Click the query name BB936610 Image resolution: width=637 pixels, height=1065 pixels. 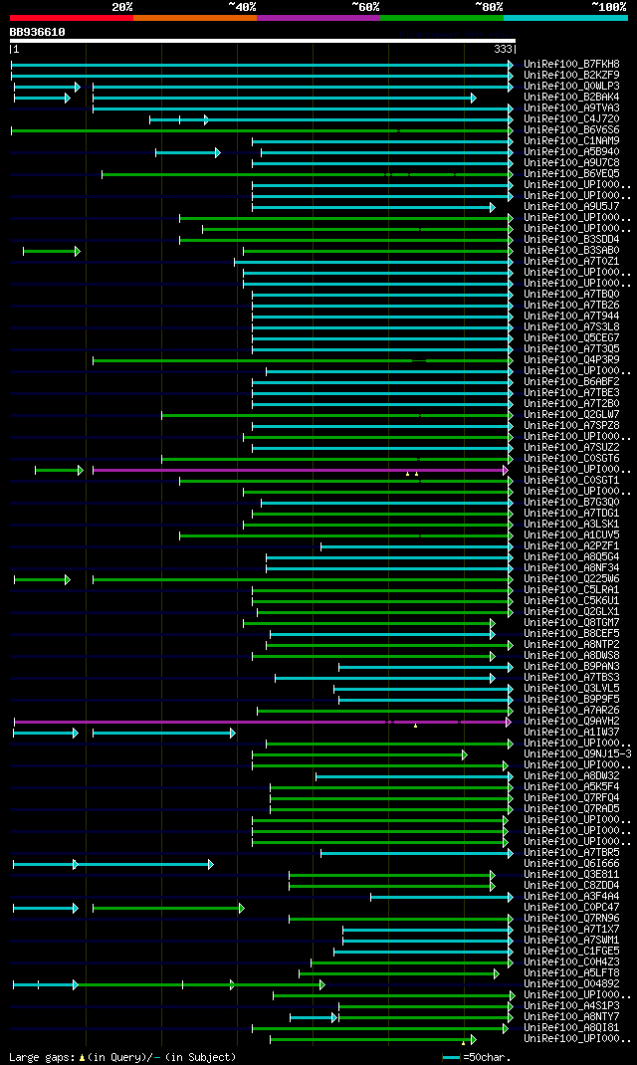tap(38, 32)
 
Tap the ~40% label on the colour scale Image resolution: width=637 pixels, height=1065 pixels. tap(242, 7)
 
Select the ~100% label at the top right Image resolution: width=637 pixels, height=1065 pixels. tap(608, 7)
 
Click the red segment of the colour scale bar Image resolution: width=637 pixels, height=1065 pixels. tap(71, 18)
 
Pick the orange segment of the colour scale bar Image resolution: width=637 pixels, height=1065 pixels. tap(194, 18)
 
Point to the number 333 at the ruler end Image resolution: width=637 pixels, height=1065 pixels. tap(503, 49)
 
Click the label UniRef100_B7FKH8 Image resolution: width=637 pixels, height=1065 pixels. tap(573, 64)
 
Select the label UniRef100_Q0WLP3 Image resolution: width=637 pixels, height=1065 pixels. tap(573, 86)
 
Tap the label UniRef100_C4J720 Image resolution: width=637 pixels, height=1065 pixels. tap(573, 118)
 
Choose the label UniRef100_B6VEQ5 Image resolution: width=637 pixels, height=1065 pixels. tap(573, 173)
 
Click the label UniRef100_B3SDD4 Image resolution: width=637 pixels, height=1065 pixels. tap(573, 239)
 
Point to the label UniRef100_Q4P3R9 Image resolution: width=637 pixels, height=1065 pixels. tap(573, 359)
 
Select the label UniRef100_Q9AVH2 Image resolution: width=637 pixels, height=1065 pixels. tap(573, 721)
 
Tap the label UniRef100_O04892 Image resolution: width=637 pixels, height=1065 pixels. tap(573, 983)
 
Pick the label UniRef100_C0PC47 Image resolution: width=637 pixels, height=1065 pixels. tap(573, 907)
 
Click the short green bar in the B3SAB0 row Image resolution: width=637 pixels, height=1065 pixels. tap(50, 251)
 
